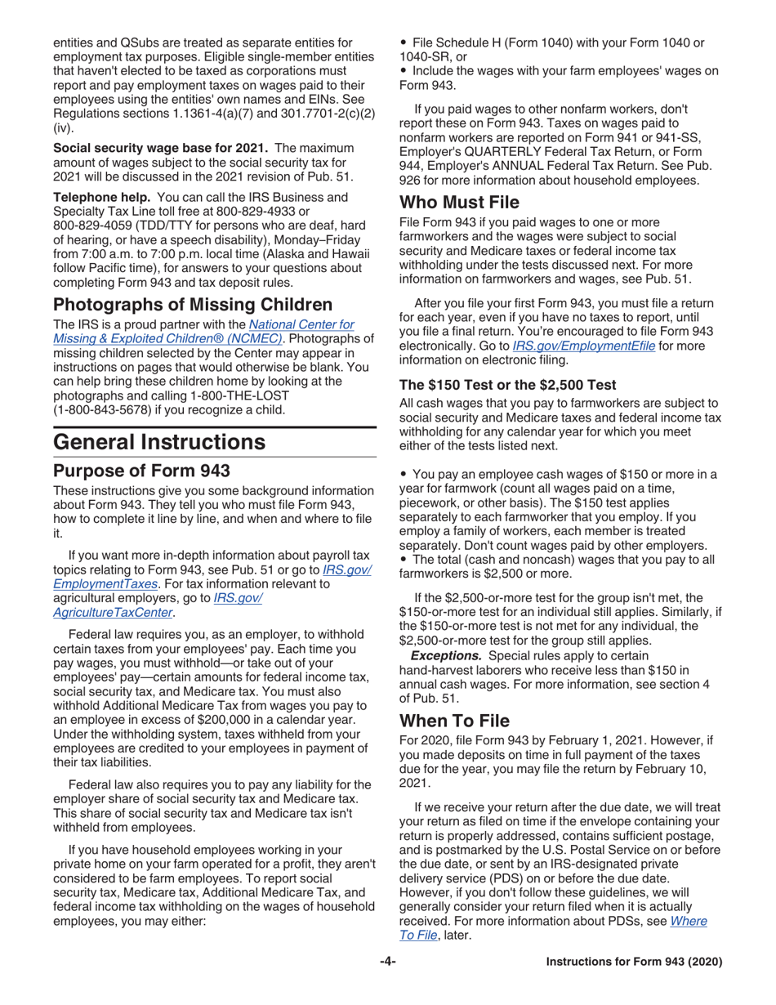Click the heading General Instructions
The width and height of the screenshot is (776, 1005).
159,442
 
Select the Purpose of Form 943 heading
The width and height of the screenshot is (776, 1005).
141,471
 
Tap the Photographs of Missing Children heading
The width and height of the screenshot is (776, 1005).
193,305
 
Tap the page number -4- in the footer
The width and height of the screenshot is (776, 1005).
387,962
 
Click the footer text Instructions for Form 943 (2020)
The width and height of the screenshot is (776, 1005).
634,962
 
